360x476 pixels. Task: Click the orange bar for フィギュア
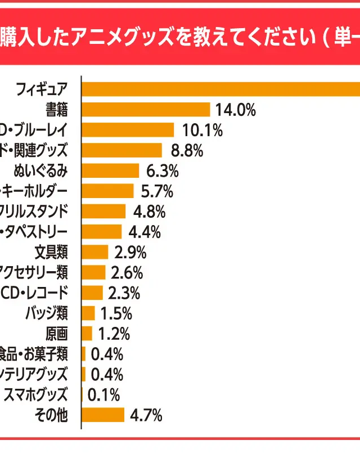tap(220, 89)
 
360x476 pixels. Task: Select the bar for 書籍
tap(146, 109)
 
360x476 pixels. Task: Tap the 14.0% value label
tap(236, 110)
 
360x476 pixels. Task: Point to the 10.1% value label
tap(202, 130)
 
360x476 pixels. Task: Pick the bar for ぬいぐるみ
tap(110, 170)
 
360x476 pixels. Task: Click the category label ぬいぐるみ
tap(40, 170)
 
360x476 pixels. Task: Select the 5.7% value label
tap(157, 191)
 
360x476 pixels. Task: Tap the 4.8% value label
tap(149, 212)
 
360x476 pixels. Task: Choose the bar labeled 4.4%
tap(102, 232)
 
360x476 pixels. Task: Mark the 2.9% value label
tap(130, 252)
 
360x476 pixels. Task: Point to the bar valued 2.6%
tap(93, 272)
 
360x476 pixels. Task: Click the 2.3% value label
tap(124, 293)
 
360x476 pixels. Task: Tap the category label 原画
tap(57, 334)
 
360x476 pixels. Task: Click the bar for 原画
tap(87, 334)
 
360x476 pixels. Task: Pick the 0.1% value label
tap(104, 395)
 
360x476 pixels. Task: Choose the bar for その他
tap(103, 415)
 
